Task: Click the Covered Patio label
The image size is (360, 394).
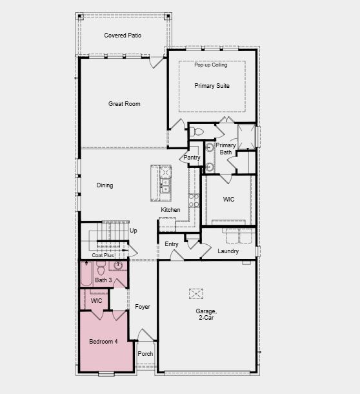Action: coord(123,36)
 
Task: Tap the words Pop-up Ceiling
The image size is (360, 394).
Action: coord(211,65)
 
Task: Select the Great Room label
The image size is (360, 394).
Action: coord(124,104)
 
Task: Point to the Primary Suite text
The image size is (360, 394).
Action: coord(212,86)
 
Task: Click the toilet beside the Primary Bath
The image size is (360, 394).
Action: coord(198,132)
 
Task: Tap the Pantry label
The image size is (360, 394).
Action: coord(192,158)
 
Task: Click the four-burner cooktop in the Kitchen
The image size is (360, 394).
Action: coord(193,200)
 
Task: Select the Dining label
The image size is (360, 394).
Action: coord(105,185)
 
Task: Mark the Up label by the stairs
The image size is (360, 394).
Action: coord(134,231)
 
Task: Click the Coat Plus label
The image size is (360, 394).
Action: coord(103,255)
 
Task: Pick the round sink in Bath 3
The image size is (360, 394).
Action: coord(118,265)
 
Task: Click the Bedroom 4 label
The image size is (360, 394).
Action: coord(103,341)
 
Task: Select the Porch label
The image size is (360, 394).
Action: coord(146,353)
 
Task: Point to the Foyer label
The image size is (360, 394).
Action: coord(143,307)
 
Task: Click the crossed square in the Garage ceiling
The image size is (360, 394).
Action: coord(196,293)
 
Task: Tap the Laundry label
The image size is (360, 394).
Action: coord(228,251)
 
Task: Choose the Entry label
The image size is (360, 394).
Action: coord(172,244)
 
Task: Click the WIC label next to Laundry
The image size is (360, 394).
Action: coord(228,200)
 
